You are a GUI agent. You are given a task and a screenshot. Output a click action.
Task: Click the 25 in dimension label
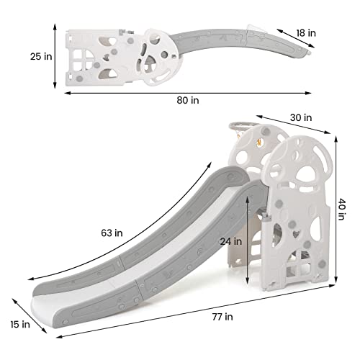pyautogui.click(x=41, y=56)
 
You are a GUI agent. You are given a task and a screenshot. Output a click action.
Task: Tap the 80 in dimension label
pyautogui.click(x=188, y=100)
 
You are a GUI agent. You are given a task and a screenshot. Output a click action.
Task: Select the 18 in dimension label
pyautogui.click(x=306, y=33)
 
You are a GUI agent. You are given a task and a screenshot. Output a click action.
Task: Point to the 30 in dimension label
pyautogui.click(x=301, y=117)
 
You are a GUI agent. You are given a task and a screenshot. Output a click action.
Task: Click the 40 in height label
pyautogui.click(x=341, y=209)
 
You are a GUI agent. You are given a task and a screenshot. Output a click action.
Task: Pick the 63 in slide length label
pyautogui.click(x=112, y=233)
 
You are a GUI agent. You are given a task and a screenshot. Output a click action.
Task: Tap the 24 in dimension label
pyautogui.click(x=231, y=241)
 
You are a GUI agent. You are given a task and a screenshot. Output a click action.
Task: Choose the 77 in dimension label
pyautogui.click(x=222, y=317)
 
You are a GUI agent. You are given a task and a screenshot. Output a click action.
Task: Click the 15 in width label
pyautogui.click(x=20, y=325)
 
